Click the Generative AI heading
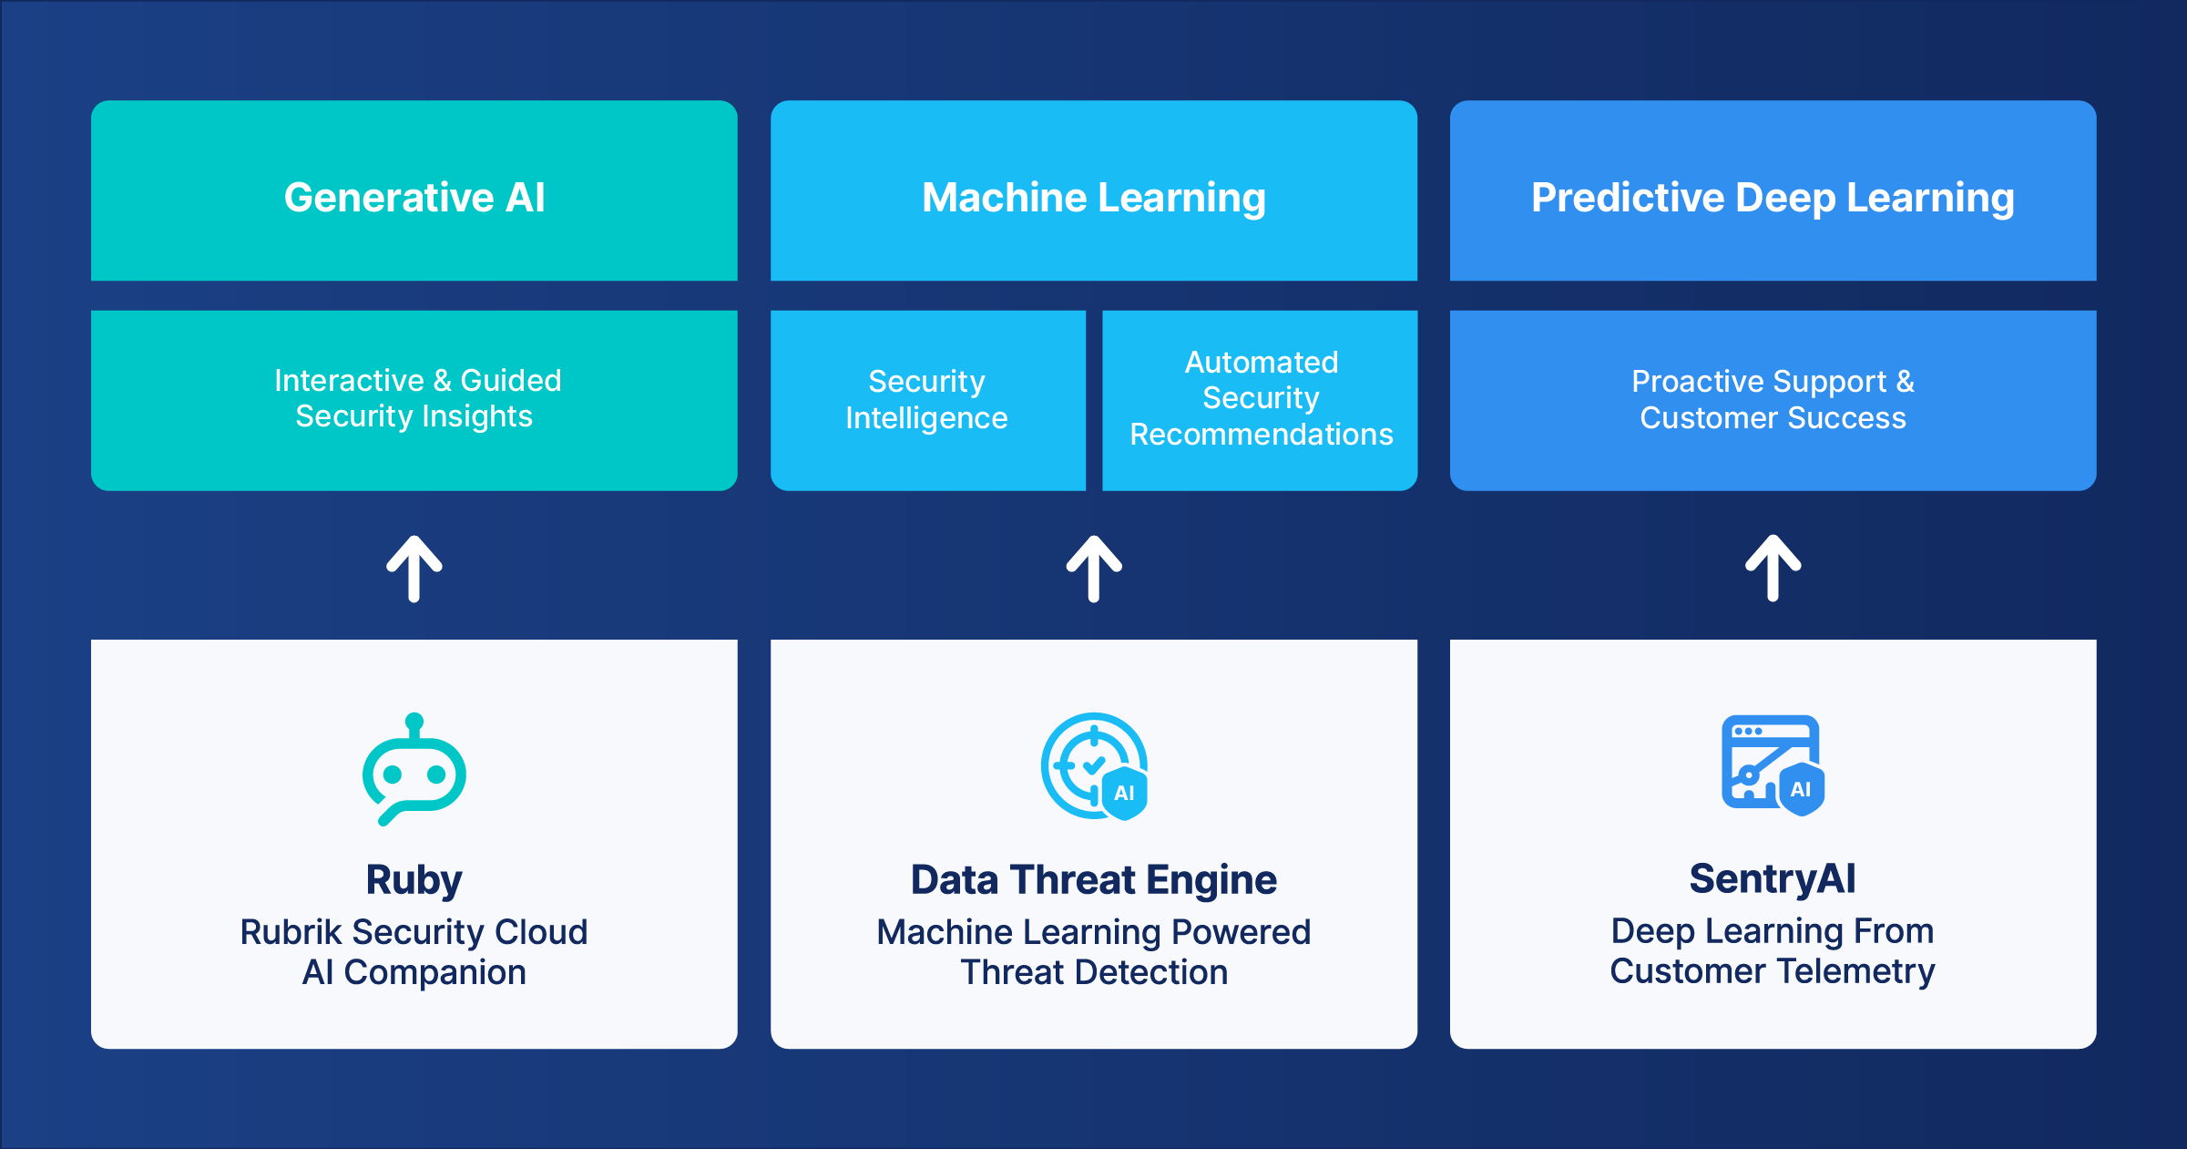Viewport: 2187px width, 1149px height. click(x=414, y=198)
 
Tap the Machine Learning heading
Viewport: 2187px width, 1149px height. click(x=1093, y=198)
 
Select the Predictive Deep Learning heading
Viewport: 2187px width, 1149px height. click(x=1773, y=198)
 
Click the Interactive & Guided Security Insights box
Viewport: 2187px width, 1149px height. click(x=414, y=399)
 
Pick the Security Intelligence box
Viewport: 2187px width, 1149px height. click(x=926, y=399)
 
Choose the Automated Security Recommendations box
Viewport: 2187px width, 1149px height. click(x=1261, y=399)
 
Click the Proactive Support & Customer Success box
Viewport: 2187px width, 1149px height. click(x=1773, y=399)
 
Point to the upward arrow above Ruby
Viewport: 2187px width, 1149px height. click(x=414, y=569)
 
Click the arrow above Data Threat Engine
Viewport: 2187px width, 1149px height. click(x=1094, y=569)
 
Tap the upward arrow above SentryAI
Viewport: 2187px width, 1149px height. click(x=1773, y=569)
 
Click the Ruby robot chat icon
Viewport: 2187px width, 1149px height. click(x=414, y=775)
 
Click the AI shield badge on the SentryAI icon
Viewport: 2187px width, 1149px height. click(x=1801, y=790)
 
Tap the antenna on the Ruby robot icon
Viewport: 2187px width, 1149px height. click(x=414, y=723)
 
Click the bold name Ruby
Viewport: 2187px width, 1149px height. click(x=414, y=880)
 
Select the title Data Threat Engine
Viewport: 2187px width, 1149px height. click(x=1093, y=880)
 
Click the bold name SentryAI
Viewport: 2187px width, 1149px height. click(x=1773, y=879)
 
